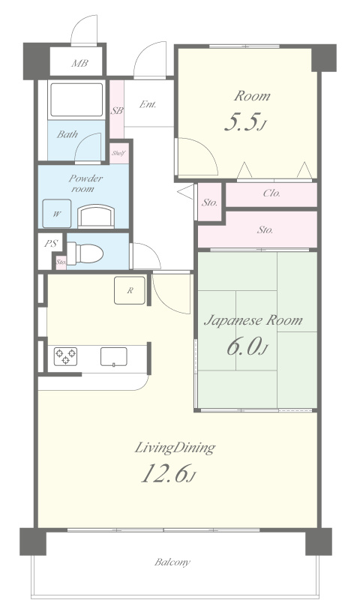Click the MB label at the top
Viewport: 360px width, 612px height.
[79, 63]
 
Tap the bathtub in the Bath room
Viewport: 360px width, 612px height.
[76, 100]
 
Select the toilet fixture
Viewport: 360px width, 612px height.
[85, 253]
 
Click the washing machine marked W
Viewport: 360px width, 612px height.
[56, 214]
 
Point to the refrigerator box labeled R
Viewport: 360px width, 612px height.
[130, 290]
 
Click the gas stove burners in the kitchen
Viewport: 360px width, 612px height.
[65, 356]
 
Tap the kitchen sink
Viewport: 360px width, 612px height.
[113, 357]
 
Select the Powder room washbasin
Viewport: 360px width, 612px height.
[96, 217]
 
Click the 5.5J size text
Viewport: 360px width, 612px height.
[245, 123]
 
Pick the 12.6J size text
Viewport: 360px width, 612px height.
[168, 473]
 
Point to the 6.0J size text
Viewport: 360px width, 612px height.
[247, 346]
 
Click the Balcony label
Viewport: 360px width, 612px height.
[172, 562]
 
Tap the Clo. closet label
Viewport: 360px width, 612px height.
[271, 193]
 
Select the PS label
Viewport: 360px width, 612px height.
[51, 244]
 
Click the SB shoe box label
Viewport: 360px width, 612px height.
[117, 111]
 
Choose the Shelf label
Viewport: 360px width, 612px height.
[118, 153]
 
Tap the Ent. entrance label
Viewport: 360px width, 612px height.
[148, 104]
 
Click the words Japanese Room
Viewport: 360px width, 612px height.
[253, 321]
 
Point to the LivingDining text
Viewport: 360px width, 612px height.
[175, 448]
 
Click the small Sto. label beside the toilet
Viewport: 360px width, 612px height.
[61, 262]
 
